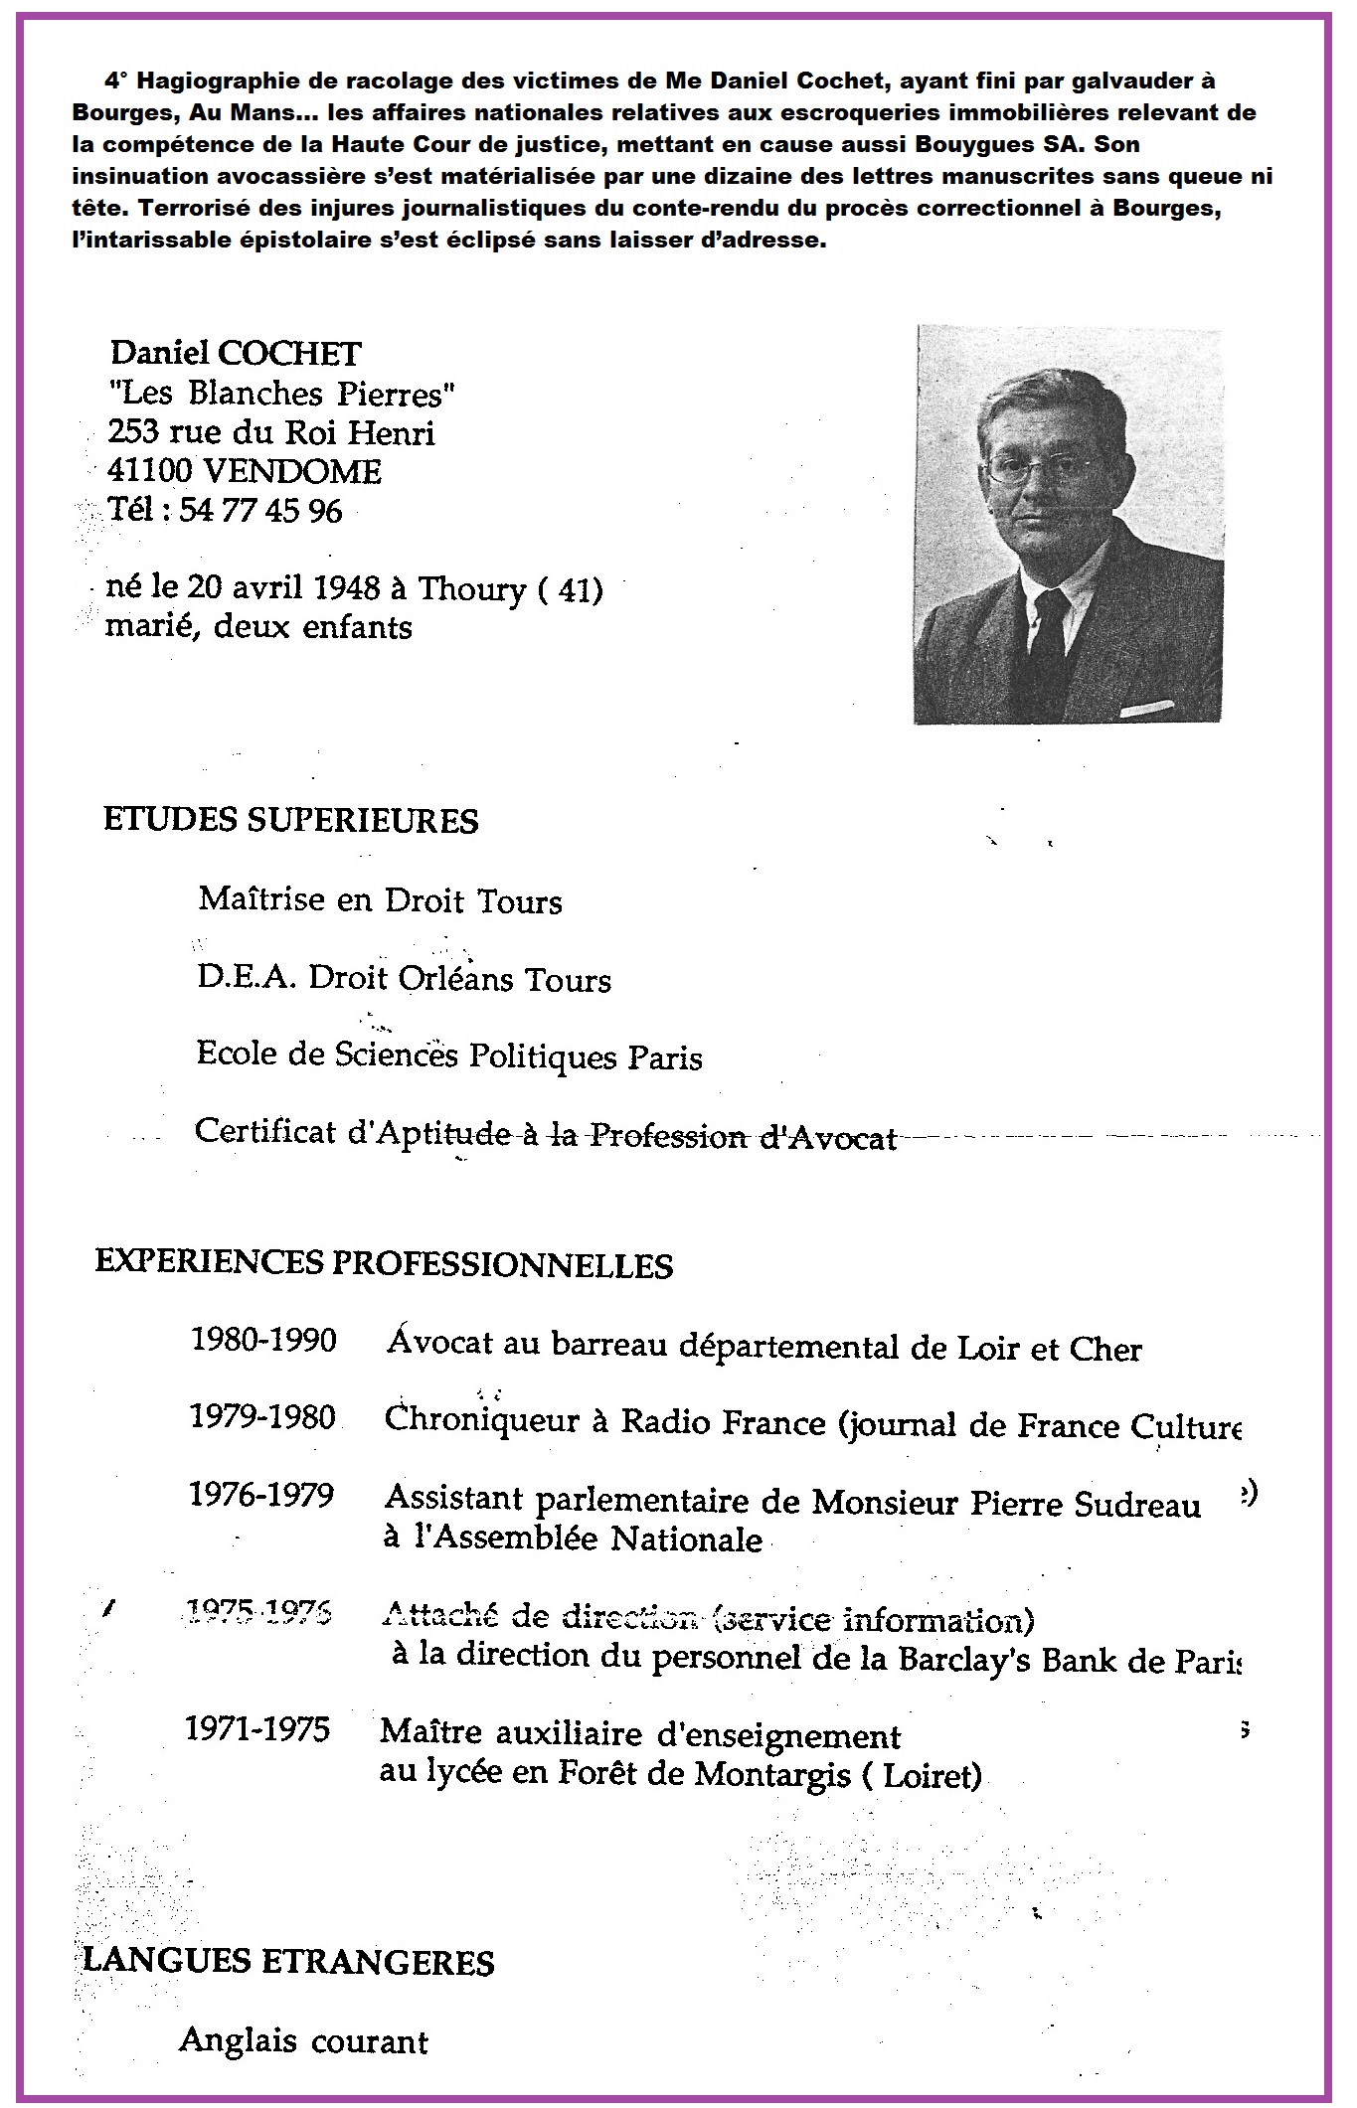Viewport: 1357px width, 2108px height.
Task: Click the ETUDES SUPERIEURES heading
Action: coord(290,821)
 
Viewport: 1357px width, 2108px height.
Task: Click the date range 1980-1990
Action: coord(263,1341)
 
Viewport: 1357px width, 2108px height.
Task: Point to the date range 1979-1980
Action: coord(262,1416)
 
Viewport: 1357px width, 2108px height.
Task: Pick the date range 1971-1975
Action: coord(256,1729)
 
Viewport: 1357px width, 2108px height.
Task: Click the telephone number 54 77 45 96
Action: coord(260,511)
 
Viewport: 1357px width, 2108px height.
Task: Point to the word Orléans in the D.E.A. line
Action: coord(456,979)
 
